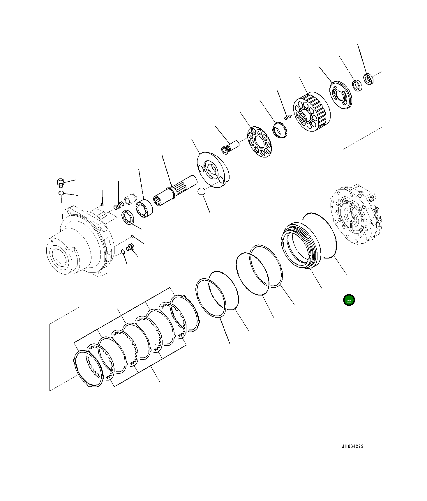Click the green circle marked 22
(x=349, y=300)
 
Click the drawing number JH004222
(x=352, y=446)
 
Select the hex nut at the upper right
(x=368, y=79)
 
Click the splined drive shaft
(x=175, y=191)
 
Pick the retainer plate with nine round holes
(x=259, y=142)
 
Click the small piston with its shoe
(x=231, y=146)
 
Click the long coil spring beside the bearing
(x=119, y=206)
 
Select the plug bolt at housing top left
(x=60, y=183)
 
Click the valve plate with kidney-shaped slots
(x=340, y=95)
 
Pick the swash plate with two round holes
(x=213, y=169)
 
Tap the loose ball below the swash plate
(x=201, y=192)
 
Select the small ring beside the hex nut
(x=357, y=85)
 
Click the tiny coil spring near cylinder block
(x=287, y=117)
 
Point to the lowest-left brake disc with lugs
(x=88, y=368)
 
